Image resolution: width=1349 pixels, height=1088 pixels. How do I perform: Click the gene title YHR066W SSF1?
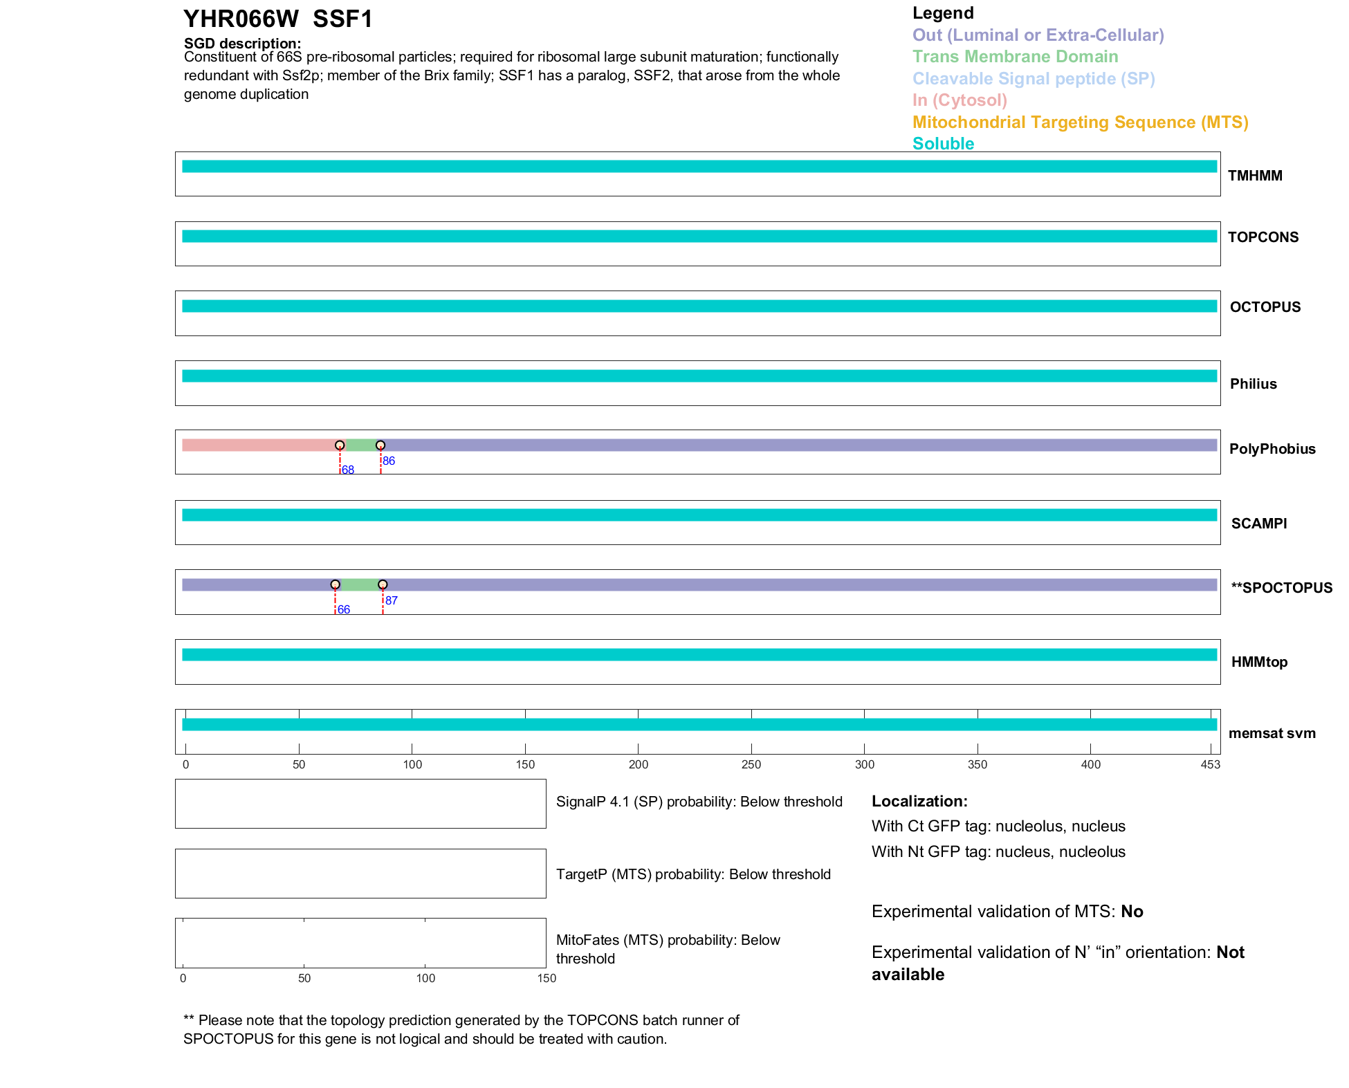[278, 19]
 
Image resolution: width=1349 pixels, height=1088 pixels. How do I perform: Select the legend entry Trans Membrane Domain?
[1015, 57]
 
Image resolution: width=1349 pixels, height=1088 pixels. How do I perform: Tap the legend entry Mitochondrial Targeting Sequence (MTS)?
[1080, 122]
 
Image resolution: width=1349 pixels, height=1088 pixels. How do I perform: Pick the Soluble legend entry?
[943, 144]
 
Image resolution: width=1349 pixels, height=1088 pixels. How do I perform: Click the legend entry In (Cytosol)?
[960, 100]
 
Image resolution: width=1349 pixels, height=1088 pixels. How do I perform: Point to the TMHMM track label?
[1255, 176]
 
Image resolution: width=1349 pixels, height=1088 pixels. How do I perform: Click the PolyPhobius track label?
[1272, 449]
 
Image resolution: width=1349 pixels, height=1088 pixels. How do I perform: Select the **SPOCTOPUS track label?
[1281, 588]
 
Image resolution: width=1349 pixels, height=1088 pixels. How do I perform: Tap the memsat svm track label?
[1272, 733]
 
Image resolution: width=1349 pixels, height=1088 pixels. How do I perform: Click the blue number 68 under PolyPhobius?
[348, 470]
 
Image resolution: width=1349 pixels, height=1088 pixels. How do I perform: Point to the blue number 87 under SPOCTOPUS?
[392, 600]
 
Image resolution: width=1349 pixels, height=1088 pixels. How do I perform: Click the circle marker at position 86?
[380, 445]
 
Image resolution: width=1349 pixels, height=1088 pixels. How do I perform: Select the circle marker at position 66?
[336, 584]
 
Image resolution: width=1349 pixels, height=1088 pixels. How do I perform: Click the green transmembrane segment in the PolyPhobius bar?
[360, 445]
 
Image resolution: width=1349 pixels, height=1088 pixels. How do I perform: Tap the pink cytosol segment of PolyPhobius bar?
[259, 445]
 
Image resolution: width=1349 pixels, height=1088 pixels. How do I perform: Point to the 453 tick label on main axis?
[1211, 764]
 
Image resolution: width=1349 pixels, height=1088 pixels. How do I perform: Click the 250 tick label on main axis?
[751, 764]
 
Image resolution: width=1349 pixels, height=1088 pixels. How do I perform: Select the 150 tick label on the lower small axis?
[547, 978]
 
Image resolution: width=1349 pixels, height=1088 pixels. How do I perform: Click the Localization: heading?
[919, 802]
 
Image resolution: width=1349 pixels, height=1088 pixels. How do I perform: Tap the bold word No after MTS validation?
[1132, 912]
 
